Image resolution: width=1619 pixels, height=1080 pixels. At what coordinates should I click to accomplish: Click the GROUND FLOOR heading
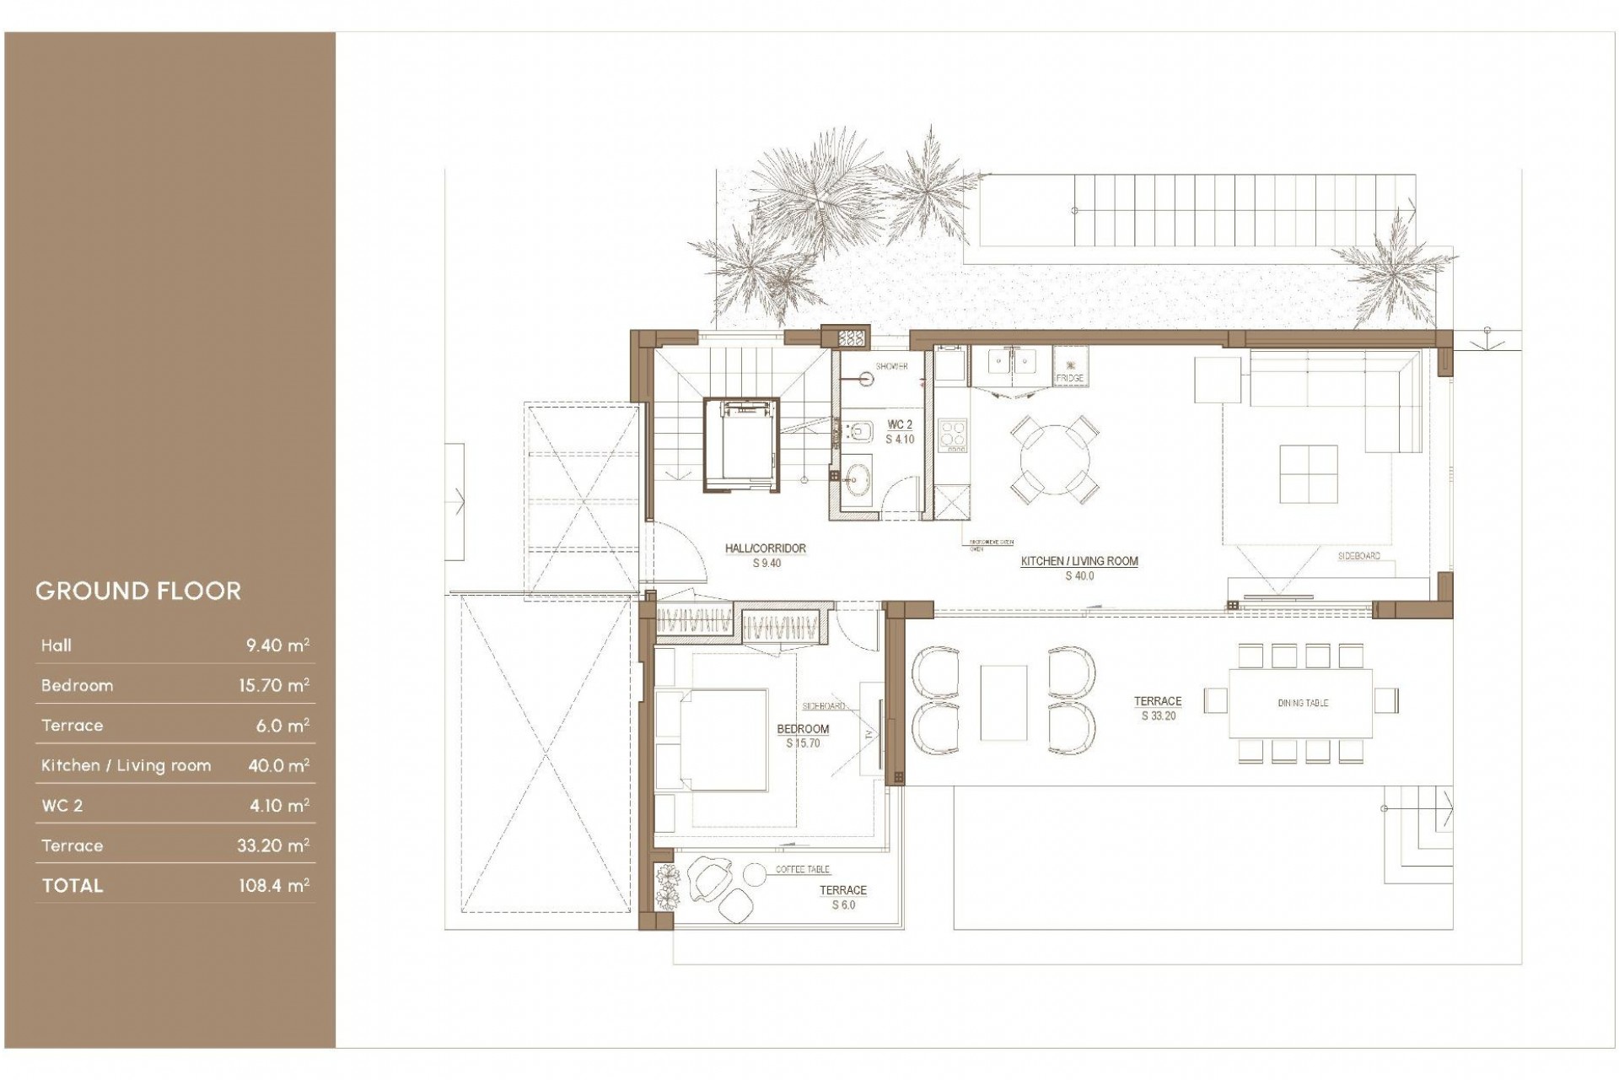(x=138, y=591)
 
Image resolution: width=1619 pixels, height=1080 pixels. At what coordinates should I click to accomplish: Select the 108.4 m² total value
(x=273, y=885)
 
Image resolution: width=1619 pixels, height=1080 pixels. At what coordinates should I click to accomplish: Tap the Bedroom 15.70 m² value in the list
(x=273, y=685)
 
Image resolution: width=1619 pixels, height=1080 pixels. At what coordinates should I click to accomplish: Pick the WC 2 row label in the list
(x=62, y=806)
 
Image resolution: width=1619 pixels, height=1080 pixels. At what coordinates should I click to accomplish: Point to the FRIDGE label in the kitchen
(x=1069, y=378)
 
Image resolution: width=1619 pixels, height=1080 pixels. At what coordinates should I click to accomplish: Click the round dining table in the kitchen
(x=1054, y=462)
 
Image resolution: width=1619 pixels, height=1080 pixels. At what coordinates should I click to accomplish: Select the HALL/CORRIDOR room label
(x=766, y=548)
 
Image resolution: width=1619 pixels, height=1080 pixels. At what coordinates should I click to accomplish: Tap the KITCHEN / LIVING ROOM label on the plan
(x=1079, y=561)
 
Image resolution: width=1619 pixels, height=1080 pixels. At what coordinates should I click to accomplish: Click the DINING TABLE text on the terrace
(x=1302, y=703)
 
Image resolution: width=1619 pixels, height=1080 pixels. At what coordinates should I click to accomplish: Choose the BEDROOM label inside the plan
(x=803, y=729)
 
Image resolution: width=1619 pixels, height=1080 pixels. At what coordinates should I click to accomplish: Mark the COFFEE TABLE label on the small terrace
(x=802, y=869)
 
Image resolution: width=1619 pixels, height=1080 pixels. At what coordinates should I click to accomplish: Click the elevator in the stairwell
(x=740, y=444)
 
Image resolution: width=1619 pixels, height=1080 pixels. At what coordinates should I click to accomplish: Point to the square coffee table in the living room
(x=1308, y=474)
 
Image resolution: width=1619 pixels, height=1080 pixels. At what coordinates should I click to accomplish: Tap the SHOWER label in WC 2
(x=891, y=366)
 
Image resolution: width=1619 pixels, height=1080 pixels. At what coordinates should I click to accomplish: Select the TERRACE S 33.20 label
(x=1158, y=708)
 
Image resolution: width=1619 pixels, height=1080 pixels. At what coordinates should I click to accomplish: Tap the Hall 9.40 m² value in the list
(x=277, y=645)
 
